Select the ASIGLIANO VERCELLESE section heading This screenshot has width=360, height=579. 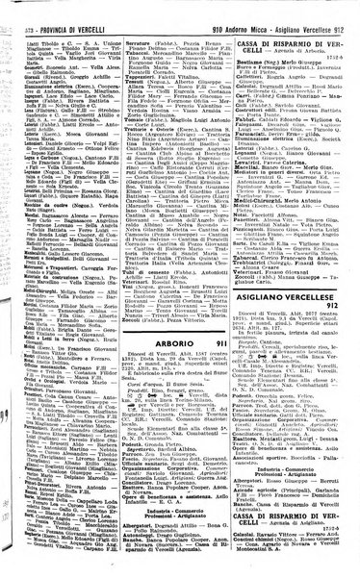(x=298, y=251)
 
